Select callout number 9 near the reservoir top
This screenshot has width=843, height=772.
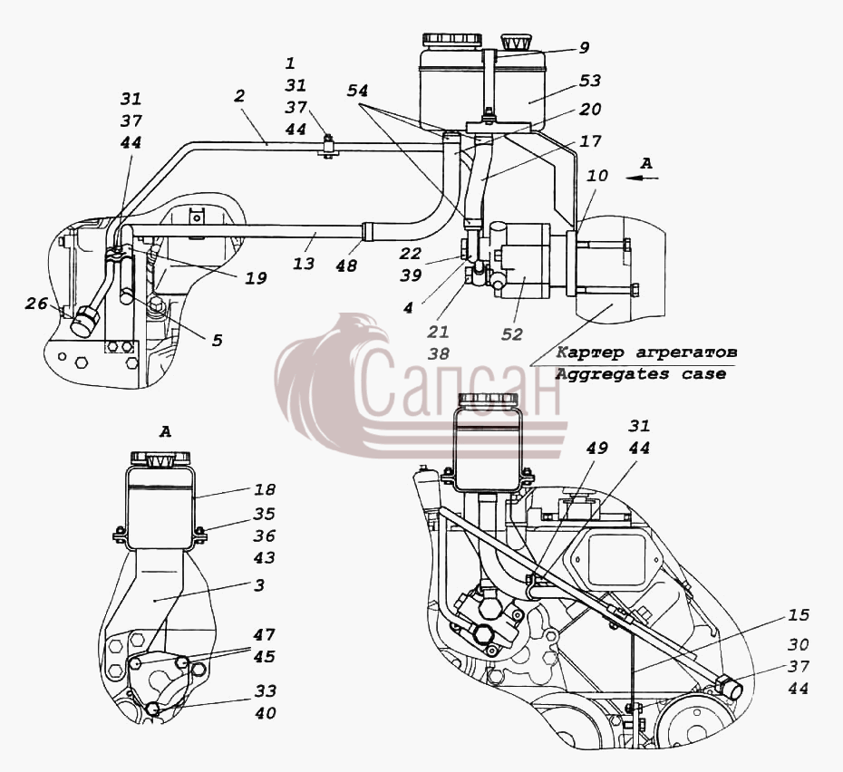click(x=584, y=48)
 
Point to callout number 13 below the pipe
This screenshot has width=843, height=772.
click(x=304, y=264)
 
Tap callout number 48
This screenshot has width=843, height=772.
click(x=346, y=265)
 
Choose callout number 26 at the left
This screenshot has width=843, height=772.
click(x=36, y=304)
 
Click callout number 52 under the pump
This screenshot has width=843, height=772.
click(x=512, y=334)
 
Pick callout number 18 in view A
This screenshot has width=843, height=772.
click(x=264, y=490)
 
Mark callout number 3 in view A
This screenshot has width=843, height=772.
click(x=259, y=585)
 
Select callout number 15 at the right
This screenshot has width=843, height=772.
click(x=799, y=614)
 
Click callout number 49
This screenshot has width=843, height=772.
click(x=596, y=448)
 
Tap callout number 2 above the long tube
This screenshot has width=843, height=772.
click(x=239, y=96)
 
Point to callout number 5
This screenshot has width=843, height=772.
click(x=217, y=341)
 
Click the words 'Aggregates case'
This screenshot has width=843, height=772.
click(x=640, y=374)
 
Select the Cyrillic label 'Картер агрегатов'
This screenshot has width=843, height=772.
click(x=645, y=352)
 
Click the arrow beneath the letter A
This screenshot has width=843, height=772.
click(x=643, y=178)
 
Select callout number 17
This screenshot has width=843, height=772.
click(x=589, y=142)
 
